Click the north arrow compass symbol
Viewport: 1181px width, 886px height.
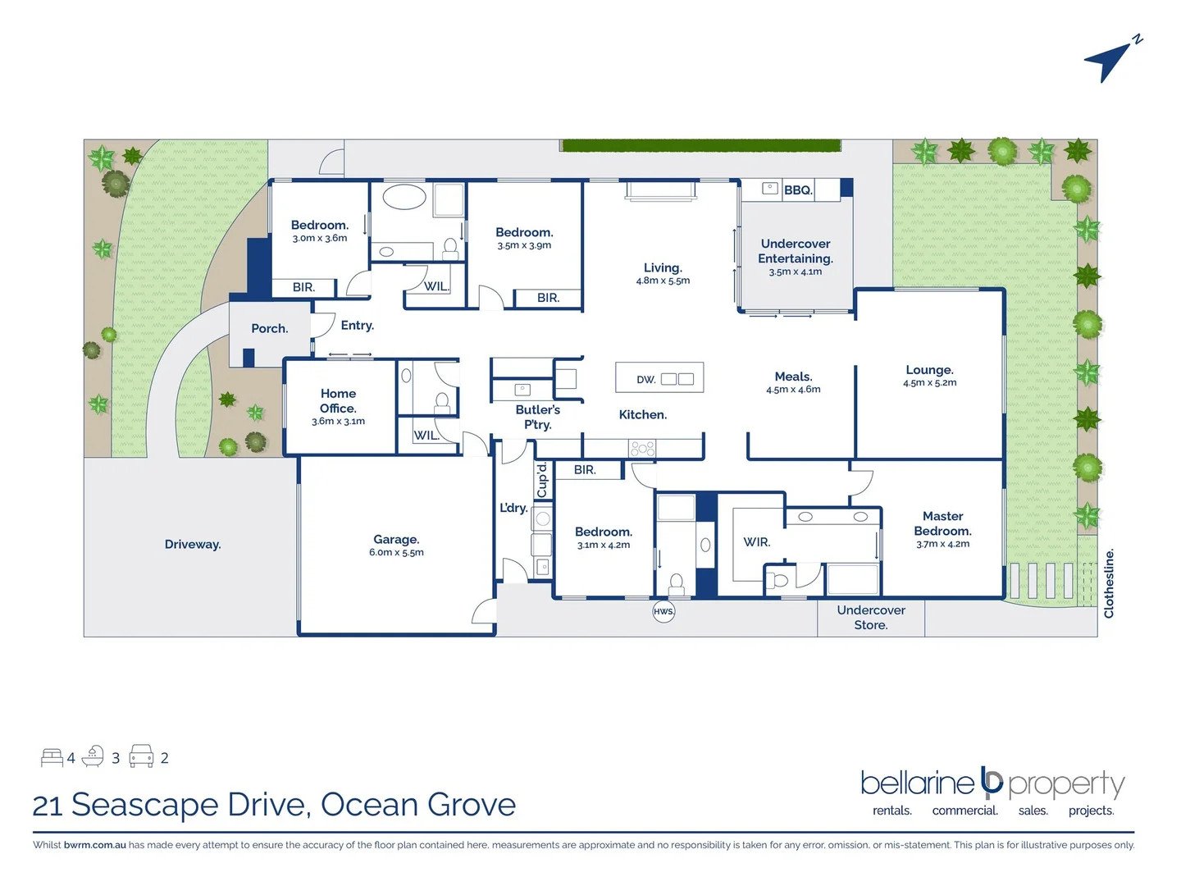[x=1109, y=61]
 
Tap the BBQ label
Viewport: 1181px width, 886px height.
[x=797, y=190]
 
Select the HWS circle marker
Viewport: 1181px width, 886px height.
[x=663, y=611]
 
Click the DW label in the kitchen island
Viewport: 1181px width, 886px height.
[x=646, y=380]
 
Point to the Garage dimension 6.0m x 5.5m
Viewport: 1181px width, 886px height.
[x=396, y=553]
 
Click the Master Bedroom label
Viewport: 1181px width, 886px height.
[x=942, y=523]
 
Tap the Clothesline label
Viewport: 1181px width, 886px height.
[x=1109, y=583]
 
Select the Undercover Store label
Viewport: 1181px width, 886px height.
[x=871, y=618]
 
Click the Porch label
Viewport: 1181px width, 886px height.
[x=269, y=329]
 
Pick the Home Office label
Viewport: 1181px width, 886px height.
[x=338, y=401]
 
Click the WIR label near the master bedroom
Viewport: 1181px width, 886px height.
[x=756, y=542]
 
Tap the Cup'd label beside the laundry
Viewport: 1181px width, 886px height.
[x=542, y=480]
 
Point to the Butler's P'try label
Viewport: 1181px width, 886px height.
[x=537, y=417]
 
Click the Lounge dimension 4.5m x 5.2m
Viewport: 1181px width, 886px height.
[x=929, y=383]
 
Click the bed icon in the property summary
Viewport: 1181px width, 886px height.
[x=52, y=757]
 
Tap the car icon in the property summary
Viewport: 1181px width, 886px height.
[x=141, y=756]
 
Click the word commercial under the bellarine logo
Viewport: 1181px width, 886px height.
[x=964, y=811]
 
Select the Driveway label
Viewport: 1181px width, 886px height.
[x=193, y=545]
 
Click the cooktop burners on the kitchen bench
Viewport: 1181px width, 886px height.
[x=642, y=449]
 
